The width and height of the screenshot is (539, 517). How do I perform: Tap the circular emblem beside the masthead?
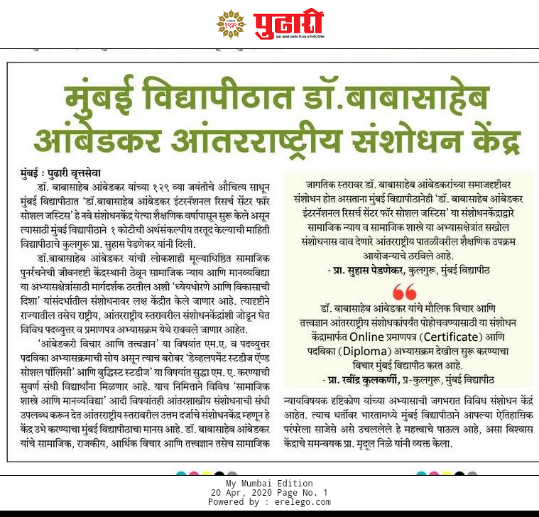(x=231, y=25)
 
